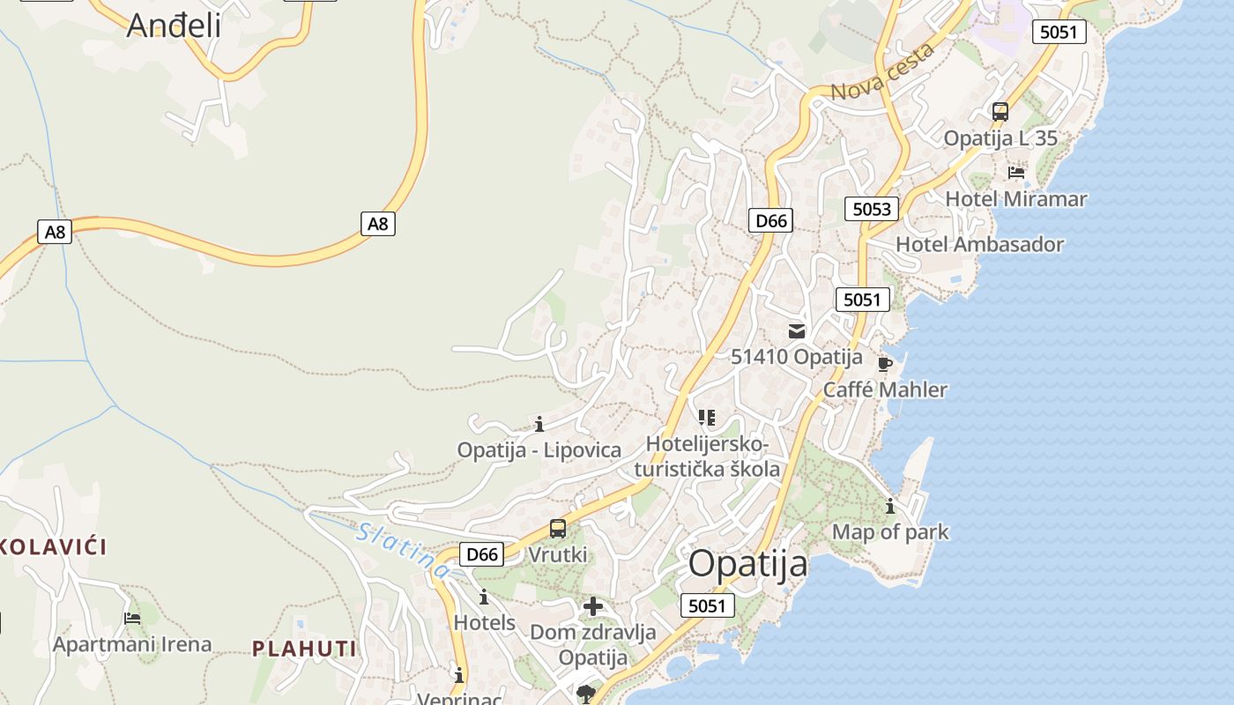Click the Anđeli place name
tap(174, 26)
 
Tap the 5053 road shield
tap(872, 209)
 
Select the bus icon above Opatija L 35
tap(1000, 112)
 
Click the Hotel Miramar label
tap(1016, 199)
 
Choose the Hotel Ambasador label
tap(980, 245)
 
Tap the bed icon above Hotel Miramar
tap(1016, 172)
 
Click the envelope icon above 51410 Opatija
tap(797, 331)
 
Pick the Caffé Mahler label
tap(886, 390)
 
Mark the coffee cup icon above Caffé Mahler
tap(885, 364)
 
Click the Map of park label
tap(890, 532)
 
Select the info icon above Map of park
tap(890, 507)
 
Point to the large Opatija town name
tap(747, 564)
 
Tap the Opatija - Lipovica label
tap(539, 450)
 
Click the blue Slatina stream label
tap(404, 551)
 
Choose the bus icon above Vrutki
tap(558, 529)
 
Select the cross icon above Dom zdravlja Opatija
tap(593, 606)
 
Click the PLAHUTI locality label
tap(305, 649)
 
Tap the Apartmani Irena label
tap(132, 644)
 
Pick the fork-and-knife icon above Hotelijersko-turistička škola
tap(706, 417)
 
